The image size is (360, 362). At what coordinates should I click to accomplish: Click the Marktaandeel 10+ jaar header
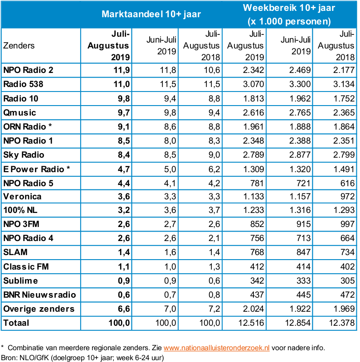pyautogui.click(x=151, y=14)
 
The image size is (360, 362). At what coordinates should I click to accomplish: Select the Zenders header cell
pyautogui.click(x=19, y=46)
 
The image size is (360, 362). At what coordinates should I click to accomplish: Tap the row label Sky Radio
pyautogui.click(x=24, y=155)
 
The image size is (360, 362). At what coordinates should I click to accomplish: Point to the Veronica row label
pyautogui.click(x=22, y=197)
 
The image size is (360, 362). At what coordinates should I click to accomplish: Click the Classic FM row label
pyautogui.click(x=26, y=267)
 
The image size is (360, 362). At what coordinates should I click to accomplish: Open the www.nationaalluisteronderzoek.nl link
pyautogui.click(x=217, y=348)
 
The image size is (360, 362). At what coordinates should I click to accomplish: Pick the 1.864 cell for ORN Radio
pyautogui.click(x=343, y=126)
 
